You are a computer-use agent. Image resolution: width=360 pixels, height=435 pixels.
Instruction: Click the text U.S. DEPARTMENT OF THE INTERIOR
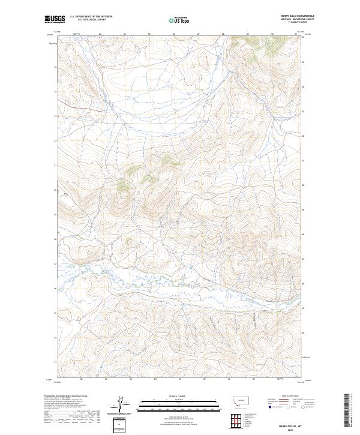tap(91, 17)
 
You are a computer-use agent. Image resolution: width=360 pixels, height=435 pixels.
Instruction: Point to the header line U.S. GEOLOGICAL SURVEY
tap(91, 20)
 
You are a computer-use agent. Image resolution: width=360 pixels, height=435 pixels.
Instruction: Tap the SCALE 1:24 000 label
tap(179, 396)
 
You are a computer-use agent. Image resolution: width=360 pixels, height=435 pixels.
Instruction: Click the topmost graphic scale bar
tap(179, 400)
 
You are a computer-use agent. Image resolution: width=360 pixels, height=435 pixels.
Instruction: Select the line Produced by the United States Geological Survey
tap(66, 396)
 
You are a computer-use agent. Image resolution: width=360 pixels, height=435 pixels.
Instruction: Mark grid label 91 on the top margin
tap(296, 34)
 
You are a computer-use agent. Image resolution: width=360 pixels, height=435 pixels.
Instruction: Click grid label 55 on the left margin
tap(55, 67)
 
